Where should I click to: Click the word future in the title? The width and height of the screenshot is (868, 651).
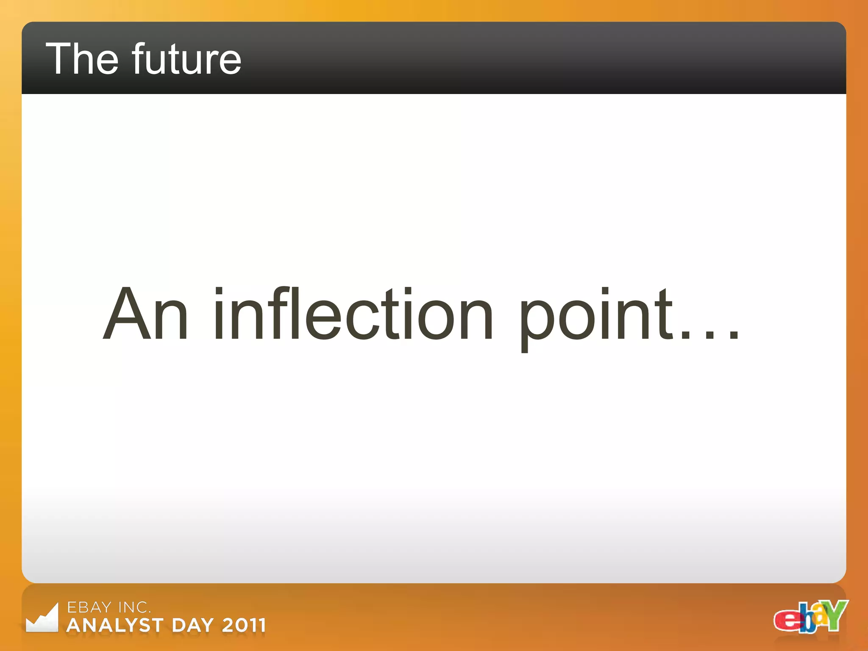186,59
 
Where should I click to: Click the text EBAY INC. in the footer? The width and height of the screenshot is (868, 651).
109,607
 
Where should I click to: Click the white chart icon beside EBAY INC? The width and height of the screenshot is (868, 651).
42,618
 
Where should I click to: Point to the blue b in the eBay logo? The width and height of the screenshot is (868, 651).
808,620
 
